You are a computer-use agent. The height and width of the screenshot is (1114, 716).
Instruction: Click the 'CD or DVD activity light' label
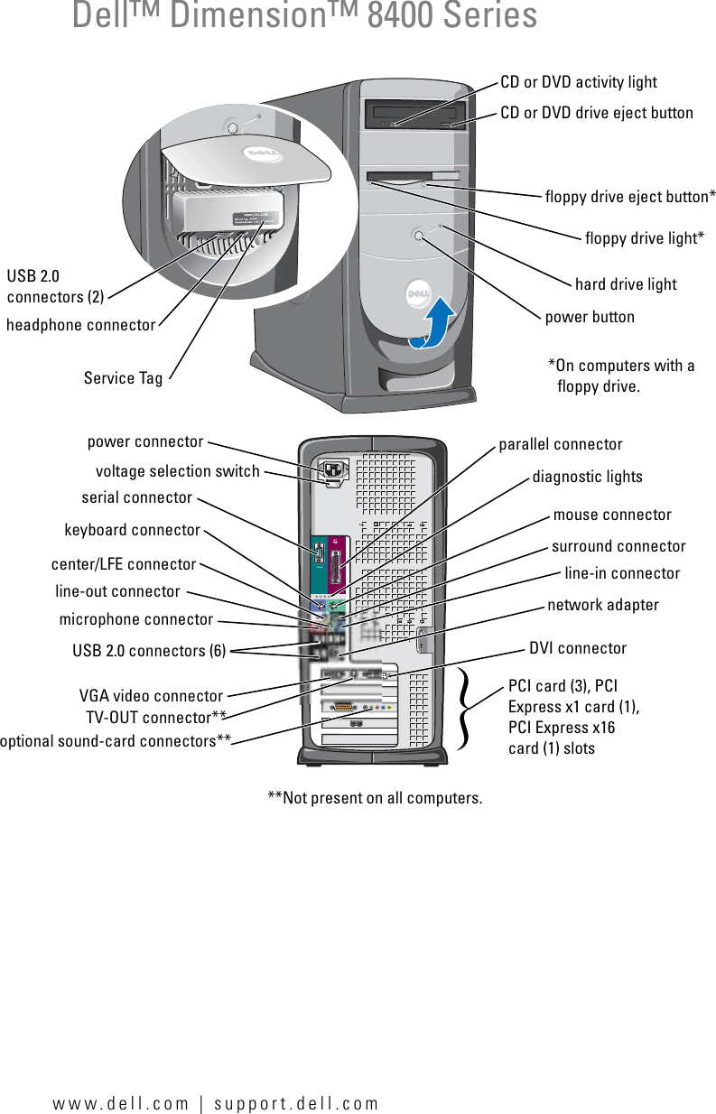coord(579,82)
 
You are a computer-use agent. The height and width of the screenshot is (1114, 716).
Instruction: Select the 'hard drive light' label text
coord(625,284)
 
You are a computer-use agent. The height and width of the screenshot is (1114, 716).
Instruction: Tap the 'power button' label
coord(590,317)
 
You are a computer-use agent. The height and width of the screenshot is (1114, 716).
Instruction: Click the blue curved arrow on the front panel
coord(432,325)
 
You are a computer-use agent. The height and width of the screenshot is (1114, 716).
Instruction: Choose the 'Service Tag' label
coord(123,378)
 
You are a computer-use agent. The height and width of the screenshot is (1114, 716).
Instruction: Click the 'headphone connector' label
coord(80,325)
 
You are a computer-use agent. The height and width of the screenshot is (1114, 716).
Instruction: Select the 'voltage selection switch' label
coord(177,471)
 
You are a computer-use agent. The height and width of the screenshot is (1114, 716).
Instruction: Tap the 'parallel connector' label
coord(561,444)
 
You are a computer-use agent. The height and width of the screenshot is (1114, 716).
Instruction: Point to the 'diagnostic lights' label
coord(587,477)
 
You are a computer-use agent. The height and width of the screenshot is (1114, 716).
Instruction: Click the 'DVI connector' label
coord(577,648)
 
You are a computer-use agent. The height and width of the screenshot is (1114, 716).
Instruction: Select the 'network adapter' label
coord(603,605)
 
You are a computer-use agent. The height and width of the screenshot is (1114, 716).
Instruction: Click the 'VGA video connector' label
coord(151,696)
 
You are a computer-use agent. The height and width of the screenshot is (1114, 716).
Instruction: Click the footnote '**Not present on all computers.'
coord(375,798)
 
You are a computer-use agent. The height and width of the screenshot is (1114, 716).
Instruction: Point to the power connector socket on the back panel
coord(332,469)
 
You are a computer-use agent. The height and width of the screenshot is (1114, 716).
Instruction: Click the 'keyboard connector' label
coord(132,530)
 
